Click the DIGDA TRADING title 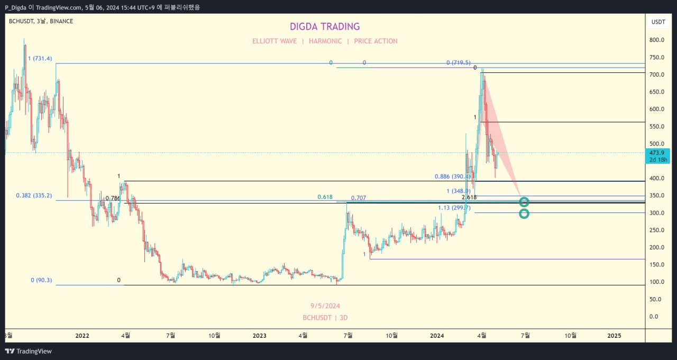point(325,26)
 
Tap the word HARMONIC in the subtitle point(325,41)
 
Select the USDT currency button point(658,22)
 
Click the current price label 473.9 point(658,153)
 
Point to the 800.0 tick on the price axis point(657,40)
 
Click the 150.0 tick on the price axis point(657,265)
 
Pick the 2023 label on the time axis point(259,335)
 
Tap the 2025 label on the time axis point(614,335)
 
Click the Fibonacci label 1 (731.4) point(40,59)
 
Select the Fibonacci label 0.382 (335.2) point(34,196)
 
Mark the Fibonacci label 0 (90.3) point(41,280)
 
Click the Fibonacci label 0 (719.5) point(458,63)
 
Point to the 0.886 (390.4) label point(452,177)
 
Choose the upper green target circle point(524,202)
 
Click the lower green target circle point(524,214)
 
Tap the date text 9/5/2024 point(325,306)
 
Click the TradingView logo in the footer point(29,351)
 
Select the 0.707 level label point(358,198)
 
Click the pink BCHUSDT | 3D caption point(325,318)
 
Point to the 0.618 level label point(325,197)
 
